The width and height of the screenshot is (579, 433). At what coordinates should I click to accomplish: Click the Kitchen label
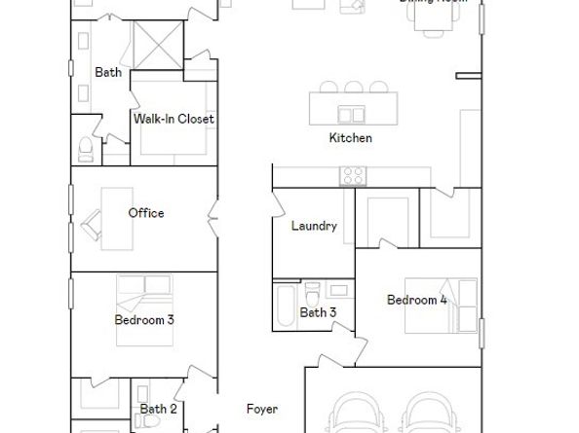pos(350,138)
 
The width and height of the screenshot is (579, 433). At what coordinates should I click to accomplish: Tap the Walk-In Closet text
pos(174,119)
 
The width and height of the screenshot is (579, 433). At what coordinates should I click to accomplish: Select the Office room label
pos(146,213)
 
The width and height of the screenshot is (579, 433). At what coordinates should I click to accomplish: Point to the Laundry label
pos(314,226)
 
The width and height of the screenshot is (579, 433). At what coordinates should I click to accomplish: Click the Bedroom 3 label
pos(144,319)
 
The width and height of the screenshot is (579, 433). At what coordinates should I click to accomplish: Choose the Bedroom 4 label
pos(416,300)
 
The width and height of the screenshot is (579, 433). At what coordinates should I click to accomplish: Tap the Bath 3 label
pos(318,312)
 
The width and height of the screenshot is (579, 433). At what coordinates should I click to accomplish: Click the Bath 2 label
pos(158,410)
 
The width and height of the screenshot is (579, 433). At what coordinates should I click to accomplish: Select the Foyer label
pos(261,410)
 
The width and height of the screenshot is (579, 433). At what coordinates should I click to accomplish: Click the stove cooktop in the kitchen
pos(352,176)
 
